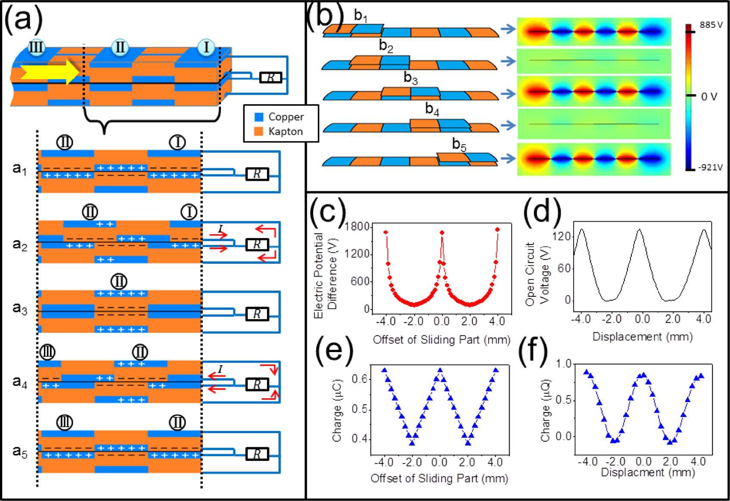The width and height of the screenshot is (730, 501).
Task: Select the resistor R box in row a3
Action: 257,314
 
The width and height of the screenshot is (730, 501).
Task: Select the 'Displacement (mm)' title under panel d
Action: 642,336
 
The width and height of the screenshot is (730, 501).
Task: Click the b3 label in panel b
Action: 411,78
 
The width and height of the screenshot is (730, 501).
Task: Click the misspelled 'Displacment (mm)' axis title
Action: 647,472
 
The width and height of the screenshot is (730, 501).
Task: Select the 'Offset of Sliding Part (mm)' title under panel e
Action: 439,478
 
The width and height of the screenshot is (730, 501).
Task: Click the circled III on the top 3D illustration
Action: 36,47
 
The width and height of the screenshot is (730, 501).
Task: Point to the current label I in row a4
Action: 221,369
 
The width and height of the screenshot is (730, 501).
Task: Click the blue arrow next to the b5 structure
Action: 508,158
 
